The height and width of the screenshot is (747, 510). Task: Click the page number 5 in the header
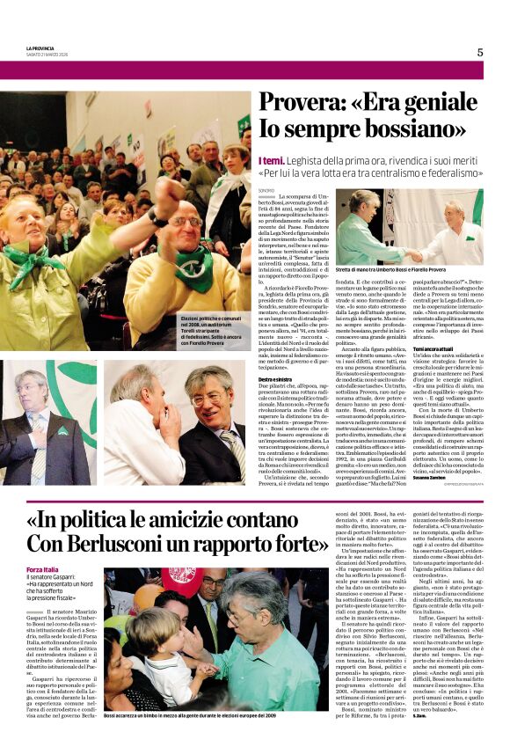click(480, 52)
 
